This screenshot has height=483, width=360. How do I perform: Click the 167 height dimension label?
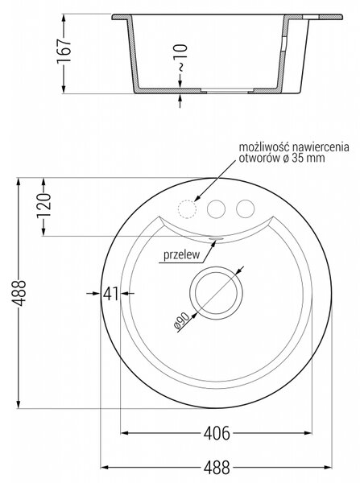(64, 51)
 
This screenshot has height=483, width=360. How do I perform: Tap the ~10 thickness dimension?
(182, 58)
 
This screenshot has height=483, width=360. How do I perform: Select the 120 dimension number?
(43, 206)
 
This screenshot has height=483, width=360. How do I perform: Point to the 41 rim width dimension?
(110, 294)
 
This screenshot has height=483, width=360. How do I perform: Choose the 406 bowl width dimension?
(217, 433)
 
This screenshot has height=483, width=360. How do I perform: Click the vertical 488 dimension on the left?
(20, 293)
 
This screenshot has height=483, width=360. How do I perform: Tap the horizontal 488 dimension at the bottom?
(217, 467)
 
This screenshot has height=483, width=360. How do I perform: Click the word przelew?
(181, 255)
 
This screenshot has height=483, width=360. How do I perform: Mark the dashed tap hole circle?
(187, 209)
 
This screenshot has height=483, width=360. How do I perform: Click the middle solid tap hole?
(216, 208)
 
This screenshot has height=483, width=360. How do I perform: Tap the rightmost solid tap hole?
(246, 208)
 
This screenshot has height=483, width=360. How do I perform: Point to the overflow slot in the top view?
(216, 238)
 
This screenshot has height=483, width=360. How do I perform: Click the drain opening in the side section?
(227, 90)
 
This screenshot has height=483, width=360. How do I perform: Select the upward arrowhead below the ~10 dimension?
(180, 97)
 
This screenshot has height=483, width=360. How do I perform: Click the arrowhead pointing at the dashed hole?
(197, 198)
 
